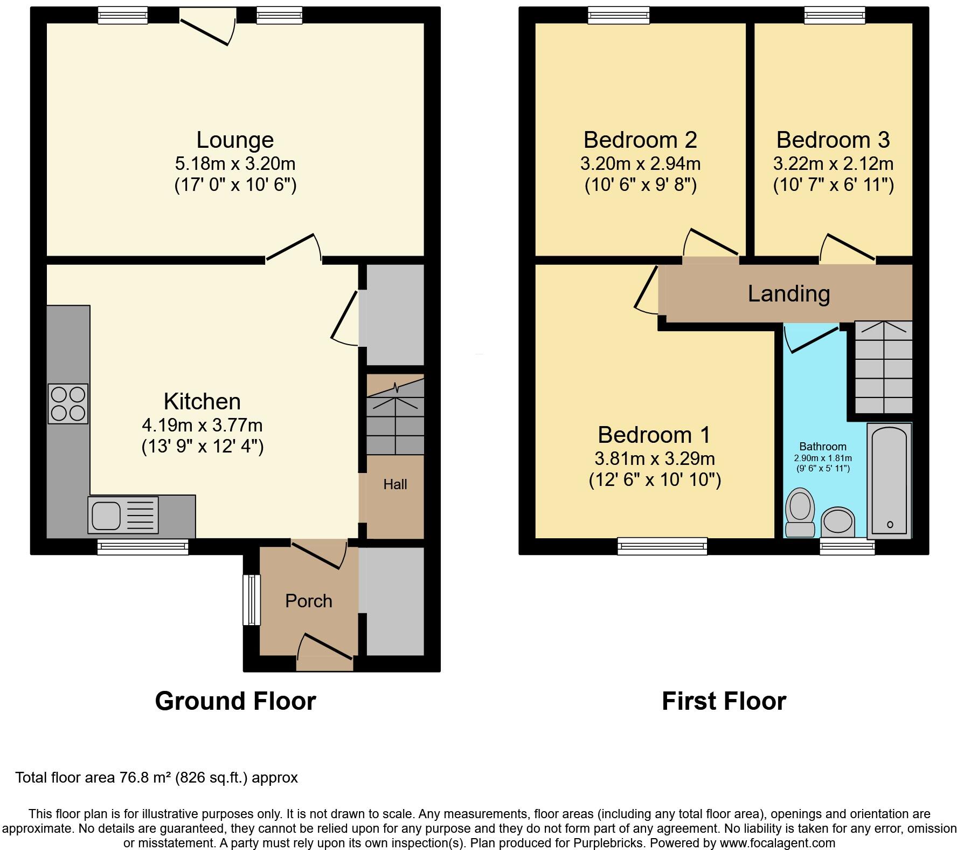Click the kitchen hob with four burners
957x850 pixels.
point(68,403)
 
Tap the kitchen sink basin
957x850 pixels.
point(106,515)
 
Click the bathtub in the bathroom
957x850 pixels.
point(889,481)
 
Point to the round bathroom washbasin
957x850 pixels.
point(838,522)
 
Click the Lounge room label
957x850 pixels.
point(235,140)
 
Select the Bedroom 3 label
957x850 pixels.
point(833,140)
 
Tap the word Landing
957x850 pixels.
point(789,293)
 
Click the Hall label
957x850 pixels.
point(395,484)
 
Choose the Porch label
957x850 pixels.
point(309,601)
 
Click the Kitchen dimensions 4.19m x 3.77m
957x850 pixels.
point(202,426)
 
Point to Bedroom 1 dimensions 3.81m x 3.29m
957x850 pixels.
point(655,459)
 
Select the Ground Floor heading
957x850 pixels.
point(235,701)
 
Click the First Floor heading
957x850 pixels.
point(724,701)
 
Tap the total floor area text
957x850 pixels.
point(156,777)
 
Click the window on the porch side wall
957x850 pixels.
point(252,600)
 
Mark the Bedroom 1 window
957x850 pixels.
point(662,546)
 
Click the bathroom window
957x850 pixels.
point(847,546)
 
